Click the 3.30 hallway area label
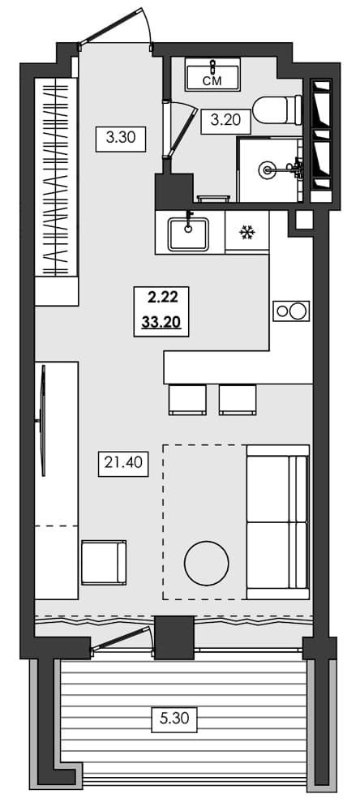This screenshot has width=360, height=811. tap(120, 138)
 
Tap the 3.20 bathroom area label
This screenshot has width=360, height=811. tap(226, 121)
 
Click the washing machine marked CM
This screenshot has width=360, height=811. tap(212, 75)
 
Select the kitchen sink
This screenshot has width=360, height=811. tap(188, 233)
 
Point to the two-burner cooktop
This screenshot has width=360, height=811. tap(291, 311)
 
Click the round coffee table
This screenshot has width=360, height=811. tap(207, 563)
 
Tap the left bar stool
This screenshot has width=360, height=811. tap(187, 400)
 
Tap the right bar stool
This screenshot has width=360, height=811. tap(238, 400)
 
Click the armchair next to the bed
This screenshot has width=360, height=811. tap(104, 562)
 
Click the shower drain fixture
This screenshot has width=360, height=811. tap(268, 169)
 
